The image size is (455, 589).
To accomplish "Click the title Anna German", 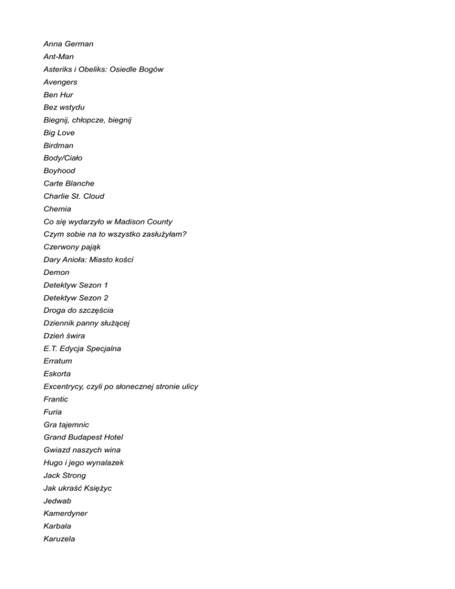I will (68, 44).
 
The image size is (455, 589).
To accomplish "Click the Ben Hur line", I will (58, 94).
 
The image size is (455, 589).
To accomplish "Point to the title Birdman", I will (59, 145).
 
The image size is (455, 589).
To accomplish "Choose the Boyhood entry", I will (59, 171).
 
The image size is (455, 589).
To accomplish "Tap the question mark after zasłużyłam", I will (185, 234).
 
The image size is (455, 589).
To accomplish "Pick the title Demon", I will (56, 273).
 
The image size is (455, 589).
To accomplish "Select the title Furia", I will (53, 412).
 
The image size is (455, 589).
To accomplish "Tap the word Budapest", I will (88, 437).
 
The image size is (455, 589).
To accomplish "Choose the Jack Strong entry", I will (65, 475).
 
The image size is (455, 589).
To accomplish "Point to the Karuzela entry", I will (59, 539).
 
